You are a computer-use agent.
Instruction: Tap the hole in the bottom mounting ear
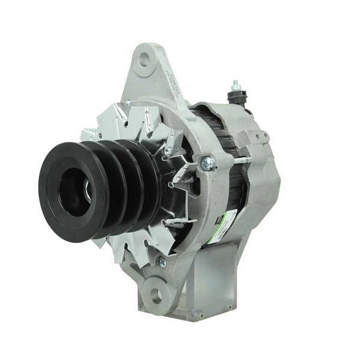pos(156,295)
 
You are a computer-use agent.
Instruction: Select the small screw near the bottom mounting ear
pos(162,262)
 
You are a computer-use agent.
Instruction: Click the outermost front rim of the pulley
pos(50,204)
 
